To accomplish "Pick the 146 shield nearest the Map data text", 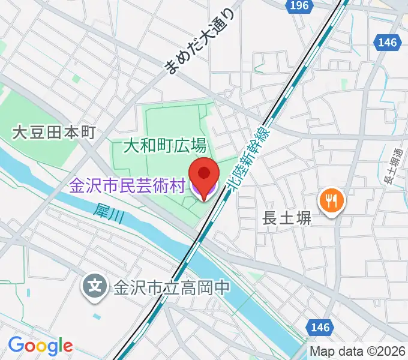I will click(321, 327).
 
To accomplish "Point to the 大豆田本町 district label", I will click(54, 132).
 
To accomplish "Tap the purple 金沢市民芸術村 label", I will click(127, 186).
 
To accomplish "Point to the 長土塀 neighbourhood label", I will click(287, 220).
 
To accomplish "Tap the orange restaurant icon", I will click(331, 200).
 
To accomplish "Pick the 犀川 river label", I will click(109, 214).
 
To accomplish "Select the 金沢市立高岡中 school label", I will click(172, 287).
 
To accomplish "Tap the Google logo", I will click(40, 346).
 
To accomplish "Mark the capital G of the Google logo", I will click(16, 345).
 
